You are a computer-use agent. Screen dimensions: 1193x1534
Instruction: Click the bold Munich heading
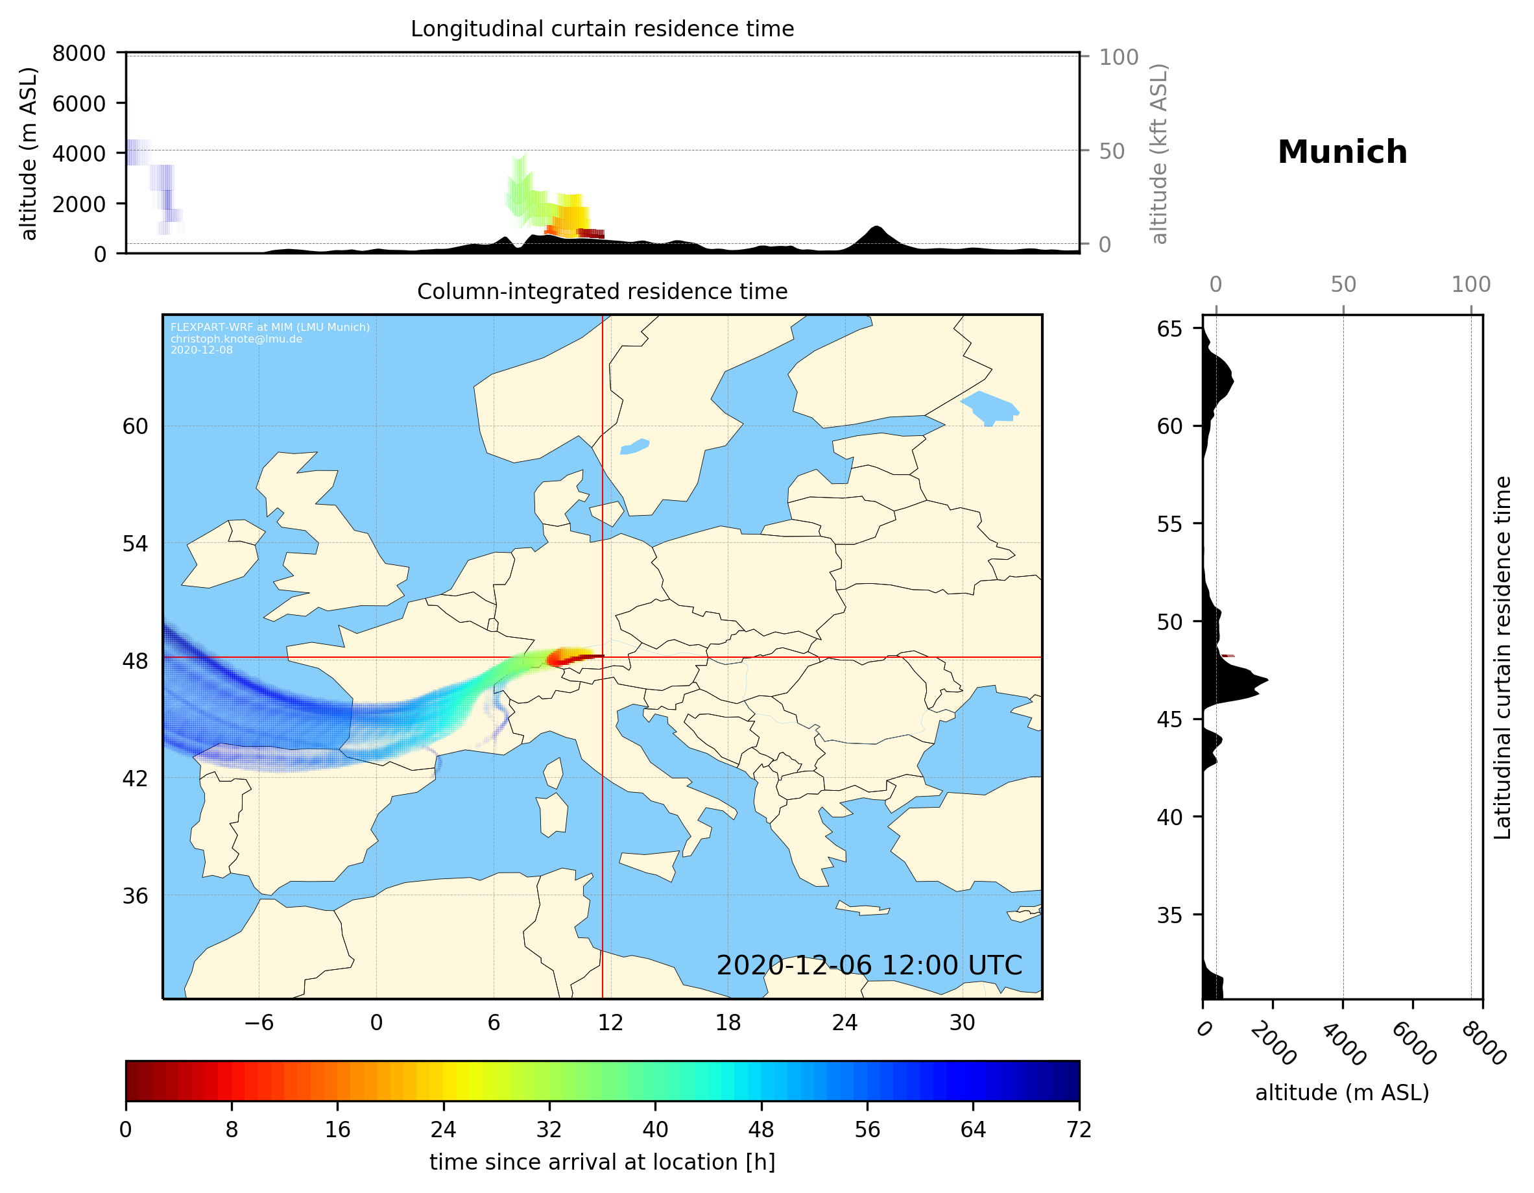click(x=1341, y=152)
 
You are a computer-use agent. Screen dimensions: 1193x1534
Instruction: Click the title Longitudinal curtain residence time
click(x=602, y=29)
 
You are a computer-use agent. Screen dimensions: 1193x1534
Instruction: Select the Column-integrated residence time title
click(x=602, y=291)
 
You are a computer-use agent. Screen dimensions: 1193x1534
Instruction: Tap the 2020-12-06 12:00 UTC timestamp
click(x=869, y=965)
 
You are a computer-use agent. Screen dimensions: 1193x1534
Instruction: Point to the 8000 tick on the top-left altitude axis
click(x=78, y=53)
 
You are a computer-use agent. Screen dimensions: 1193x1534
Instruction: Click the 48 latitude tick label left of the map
click(x=135, y=661)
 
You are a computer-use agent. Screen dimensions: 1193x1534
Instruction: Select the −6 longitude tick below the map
click(x=258, y=1022)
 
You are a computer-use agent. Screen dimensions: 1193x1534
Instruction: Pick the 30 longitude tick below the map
click(x=961, y=1022)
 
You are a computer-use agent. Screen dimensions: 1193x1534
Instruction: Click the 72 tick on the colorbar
click(x=1079, y=1130)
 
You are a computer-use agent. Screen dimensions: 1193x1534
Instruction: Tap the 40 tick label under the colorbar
click(x=655, y=1130)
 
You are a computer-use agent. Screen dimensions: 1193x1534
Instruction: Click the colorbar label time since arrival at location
click(x=602, y=1162)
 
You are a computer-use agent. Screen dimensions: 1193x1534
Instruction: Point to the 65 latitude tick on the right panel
click(x=1169, y=329)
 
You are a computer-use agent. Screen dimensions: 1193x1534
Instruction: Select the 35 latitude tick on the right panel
click(x=1169, y=915)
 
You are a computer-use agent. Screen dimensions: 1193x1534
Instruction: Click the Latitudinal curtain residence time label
click(x=1502, y=657)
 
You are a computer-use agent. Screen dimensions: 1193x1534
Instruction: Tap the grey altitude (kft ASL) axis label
click(x=1159, y=154)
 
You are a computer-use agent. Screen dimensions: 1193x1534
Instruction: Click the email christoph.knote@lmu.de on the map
click(x=236, y=339)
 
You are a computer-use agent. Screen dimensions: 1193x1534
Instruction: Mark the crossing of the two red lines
click(x=603, y=658)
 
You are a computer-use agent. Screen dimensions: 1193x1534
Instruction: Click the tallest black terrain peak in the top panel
click(x=876, y=228)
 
